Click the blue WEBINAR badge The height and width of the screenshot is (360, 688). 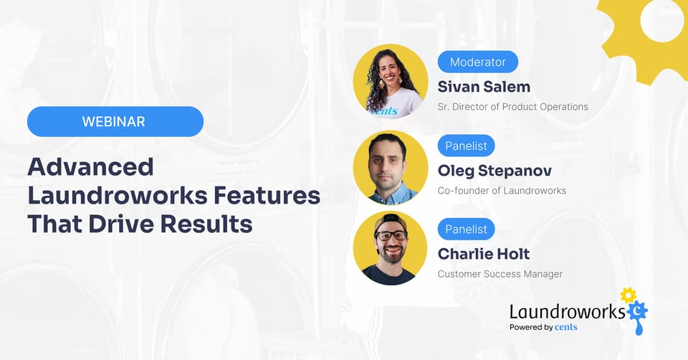pyautogui.click(x=115, y=122)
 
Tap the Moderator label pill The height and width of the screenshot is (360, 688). pyautogui.click(x=478, y=62)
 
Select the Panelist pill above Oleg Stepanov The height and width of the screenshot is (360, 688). pyautogui.click(x=466, y=146)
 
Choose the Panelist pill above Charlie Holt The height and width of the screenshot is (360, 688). pyautogui.click(x=466, y=229)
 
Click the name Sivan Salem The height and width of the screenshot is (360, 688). pyautogui.click(x=484, y=87)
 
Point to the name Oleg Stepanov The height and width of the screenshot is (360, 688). pyautogui.click(x=494, y=171)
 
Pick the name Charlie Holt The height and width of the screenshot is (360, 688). pyautogui.click(x=484, y=254)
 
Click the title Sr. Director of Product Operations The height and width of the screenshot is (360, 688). pyautogui.click(x=513, y=107)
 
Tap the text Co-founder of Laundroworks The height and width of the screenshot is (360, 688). pyautogui.click(x=502, y=191)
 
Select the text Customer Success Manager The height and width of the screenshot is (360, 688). pyautogui.click(x=500, y=274)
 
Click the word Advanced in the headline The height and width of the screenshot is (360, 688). pyautogui.click(x=91, y=167)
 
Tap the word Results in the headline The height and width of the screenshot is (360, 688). pyautogui.click(x=206, y=224)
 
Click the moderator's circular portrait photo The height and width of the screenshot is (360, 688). pyautogui.click(x=391, y=81)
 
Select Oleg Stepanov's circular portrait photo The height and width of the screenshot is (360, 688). pyautogui.click(x=391, y=168)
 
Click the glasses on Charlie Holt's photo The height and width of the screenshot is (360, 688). pyautogui.click(x=391, y=235)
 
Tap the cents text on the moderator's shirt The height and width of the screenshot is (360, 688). pyautogui.click(x=384, y=110)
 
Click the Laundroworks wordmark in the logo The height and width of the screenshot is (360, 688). pyautogui.click(x=568, y=311)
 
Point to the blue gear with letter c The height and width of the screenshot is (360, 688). pyautogui.click(x=637, y=311)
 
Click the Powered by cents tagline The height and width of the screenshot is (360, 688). pyautogui.click(x=543, y=327)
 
